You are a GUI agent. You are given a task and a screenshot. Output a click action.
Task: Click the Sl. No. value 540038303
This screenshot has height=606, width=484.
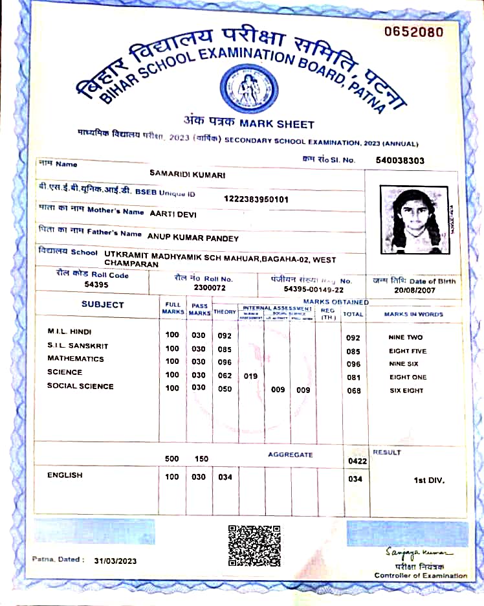click(400, 160)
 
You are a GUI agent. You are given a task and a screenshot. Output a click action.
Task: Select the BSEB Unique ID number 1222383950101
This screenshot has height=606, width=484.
click(256, 199)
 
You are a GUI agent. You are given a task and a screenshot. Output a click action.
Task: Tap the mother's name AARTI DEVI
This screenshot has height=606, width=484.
click(173, 213)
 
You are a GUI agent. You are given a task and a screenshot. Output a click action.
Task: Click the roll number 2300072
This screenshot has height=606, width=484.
click(210, 287)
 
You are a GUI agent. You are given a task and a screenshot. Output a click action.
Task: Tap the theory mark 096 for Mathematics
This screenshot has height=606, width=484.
click(225, 363)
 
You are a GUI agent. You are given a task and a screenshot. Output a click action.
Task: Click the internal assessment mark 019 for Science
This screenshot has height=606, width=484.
click(250, 376)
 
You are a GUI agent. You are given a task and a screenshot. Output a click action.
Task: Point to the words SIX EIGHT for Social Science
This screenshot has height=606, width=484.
click(406, 390)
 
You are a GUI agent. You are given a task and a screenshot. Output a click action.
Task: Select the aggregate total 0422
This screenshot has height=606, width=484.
click(357, 462)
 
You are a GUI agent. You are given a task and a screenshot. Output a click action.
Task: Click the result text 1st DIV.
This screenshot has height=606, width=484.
click(429, 480)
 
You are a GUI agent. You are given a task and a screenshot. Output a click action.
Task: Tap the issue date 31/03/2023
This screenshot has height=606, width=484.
click(115, 561)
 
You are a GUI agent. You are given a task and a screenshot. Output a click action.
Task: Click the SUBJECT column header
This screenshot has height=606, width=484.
click(102, 304)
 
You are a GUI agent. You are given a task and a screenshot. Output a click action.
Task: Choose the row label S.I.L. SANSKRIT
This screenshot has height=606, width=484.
click(78, 346)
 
